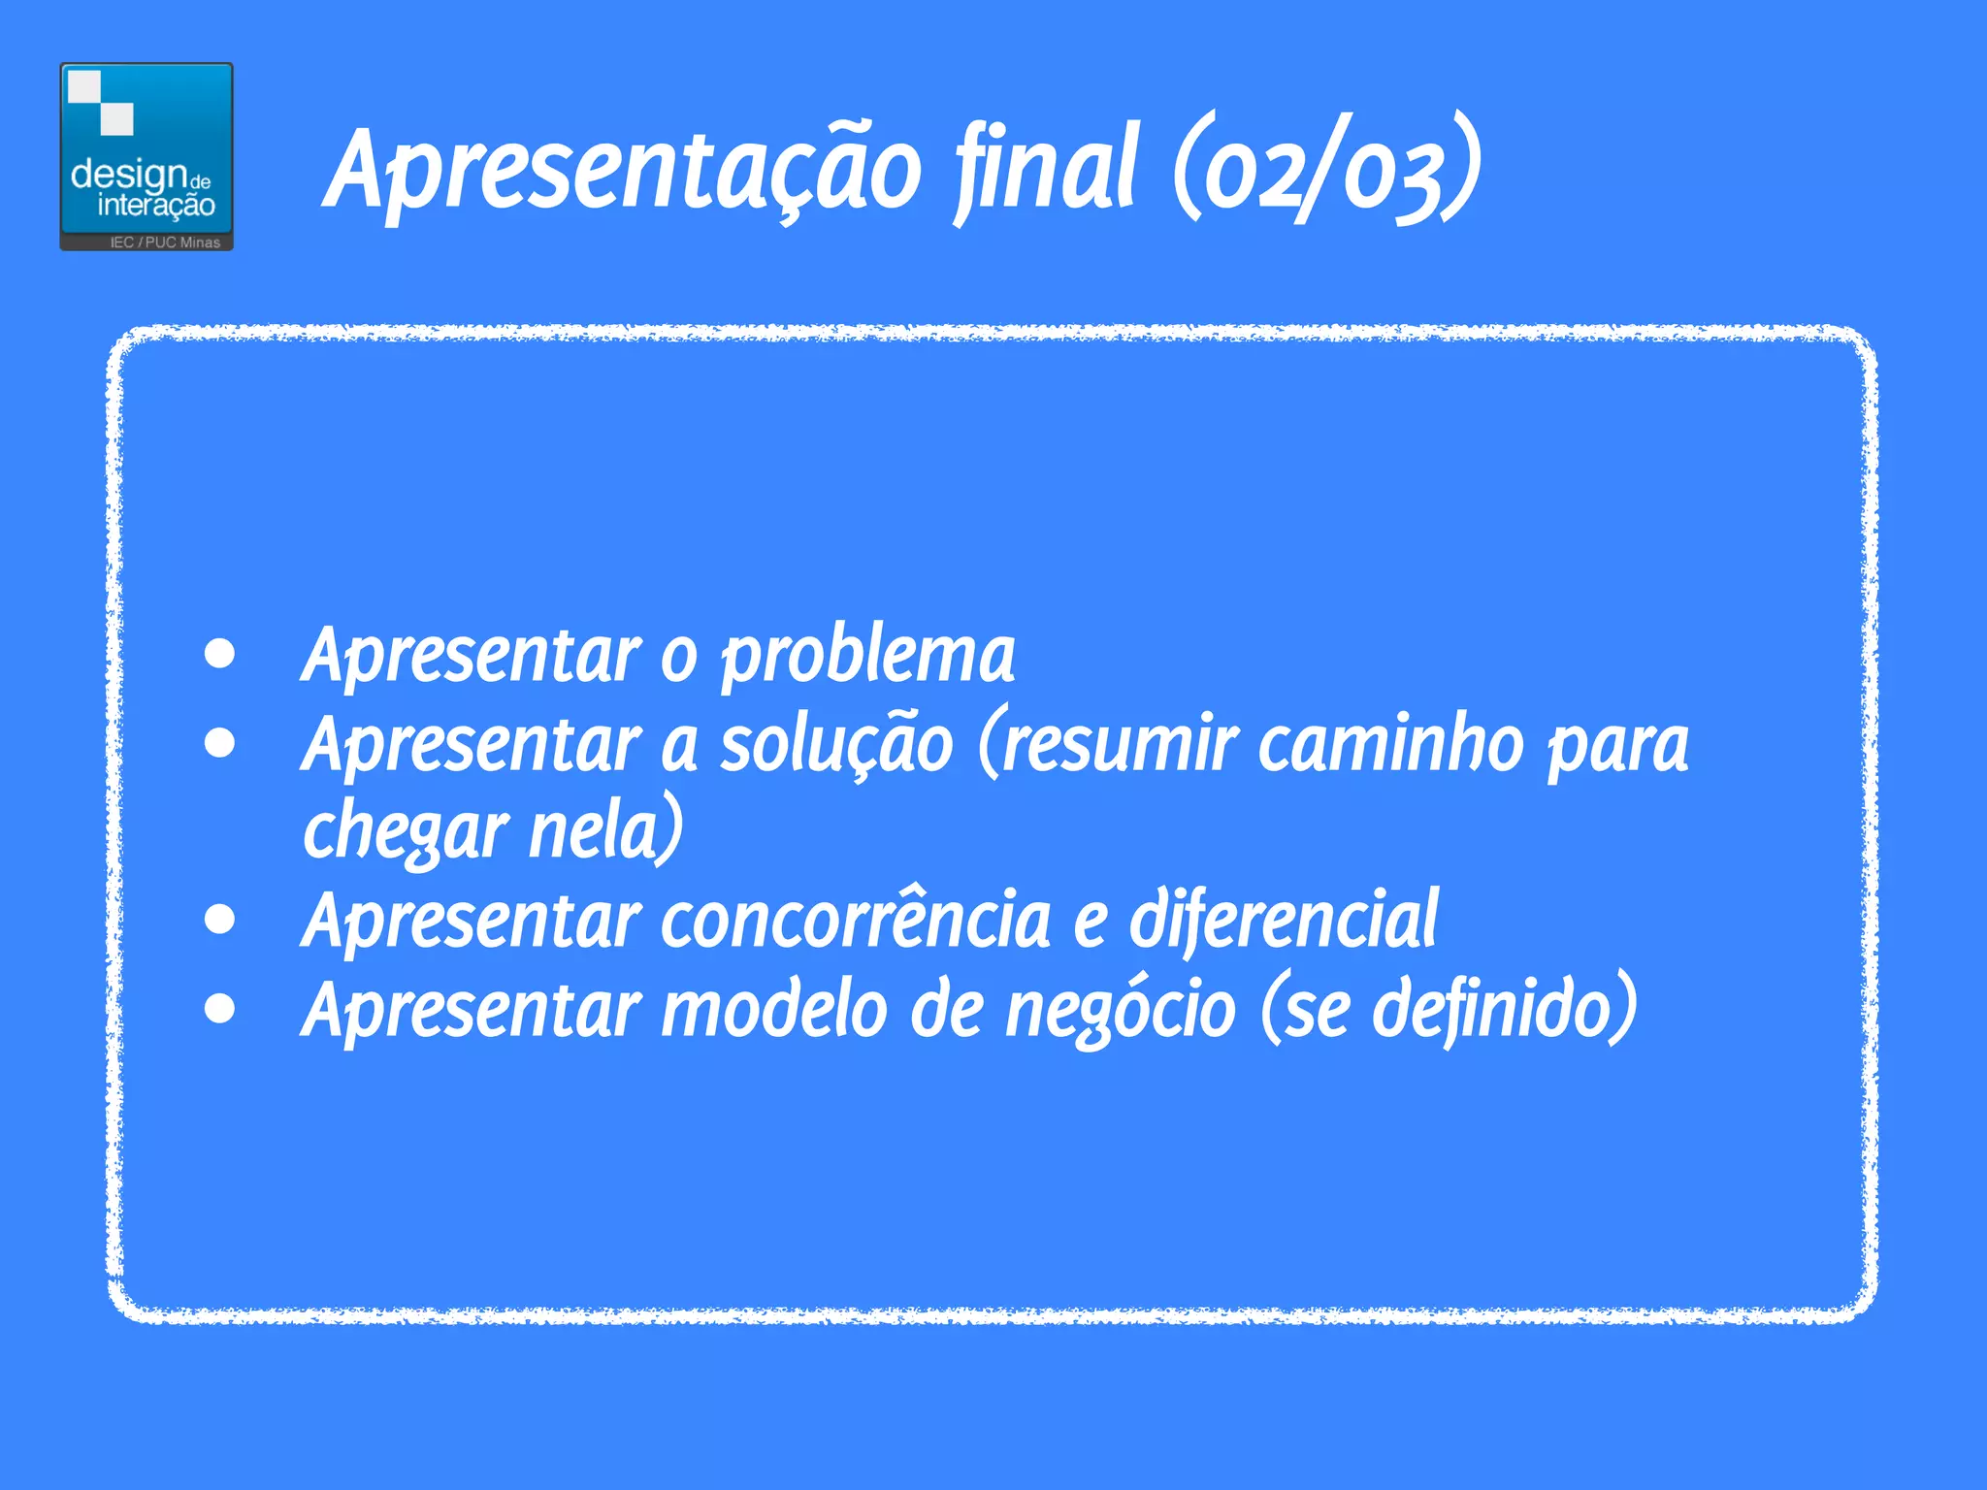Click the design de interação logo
[x=147, y=155]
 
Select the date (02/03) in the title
[x=1326, y=170]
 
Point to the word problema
[x=868, y=657]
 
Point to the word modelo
[x=774, y=1010]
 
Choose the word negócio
[x=1121, y=1010]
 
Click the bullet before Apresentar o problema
[x=221, y=655]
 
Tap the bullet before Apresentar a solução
[x=221, y=743]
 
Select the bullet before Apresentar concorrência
[x=221, y=919]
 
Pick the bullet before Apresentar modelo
[x=221, y=1008]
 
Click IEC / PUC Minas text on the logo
[x=165, y=243]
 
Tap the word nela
[x=603, y=832]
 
